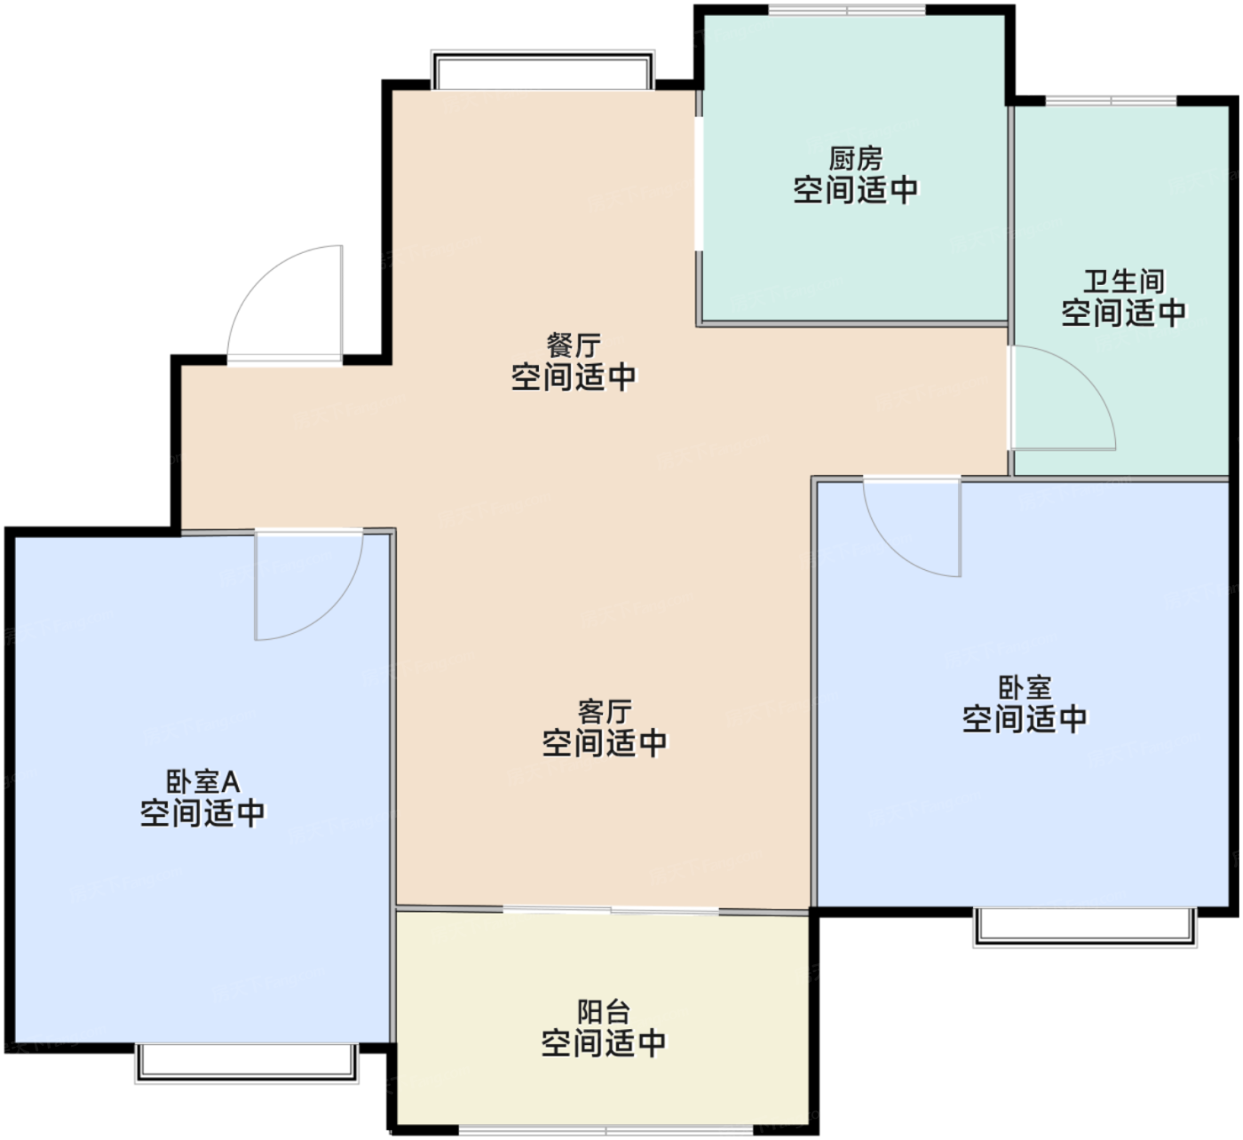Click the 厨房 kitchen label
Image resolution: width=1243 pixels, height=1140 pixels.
point(856,159)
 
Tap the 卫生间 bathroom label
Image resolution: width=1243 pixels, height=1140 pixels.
point(1124,281)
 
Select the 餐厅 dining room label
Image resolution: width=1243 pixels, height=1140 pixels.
point(574,345)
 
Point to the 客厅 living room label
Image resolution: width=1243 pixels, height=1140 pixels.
point(604,712)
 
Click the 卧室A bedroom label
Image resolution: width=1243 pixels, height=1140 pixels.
point(202,781)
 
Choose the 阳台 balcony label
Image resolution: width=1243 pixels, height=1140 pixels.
point(604,1012)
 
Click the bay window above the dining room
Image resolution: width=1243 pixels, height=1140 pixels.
point(542,70)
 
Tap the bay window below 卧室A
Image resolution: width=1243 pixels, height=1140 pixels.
point(247,1063)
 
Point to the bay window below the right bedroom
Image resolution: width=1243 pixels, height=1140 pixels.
point(1085,928)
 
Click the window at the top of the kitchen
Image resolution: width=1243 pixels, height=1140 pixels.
point(847,10)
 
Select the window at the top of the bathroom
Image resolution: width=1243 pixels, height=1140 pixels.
point(1111,101)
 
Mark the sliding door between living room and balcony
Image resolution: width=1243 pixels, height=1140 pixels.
point(610,910)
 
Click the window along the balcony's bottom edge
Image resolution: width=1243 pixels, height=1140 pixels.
point(606,1130)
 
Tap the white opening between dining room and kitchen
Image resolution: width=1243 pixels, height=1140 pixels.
point(699,184)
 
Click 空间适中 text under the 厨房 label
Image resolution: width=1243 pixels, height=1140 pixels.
point(856,190)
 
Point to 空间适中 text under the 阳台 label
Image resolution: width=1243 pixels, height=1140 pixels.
point(604,1042)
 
